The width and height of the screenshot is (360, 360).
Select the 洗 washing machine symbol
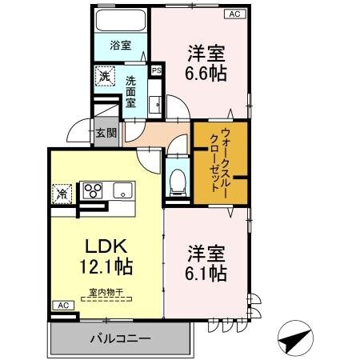click(105, 77)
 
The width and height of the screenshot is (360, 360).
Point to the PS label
click(157, 70)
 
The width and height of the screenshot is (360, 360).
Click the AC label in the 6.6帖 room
click(234, 14)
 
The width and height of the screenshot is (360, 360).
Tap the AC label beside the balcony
click(62, 306)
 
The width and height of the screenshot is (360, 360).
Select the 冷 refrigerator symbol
click(62, 193)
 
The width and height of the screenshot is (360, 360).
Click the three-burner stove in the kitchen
click(94, 190)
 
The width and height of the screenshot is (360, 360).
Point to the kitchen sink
click(124, 190)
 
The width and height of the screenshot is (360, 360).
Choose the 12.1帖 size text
click(104, 265)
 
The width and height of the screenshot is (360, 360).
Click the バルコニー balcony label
click(122, 339)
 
